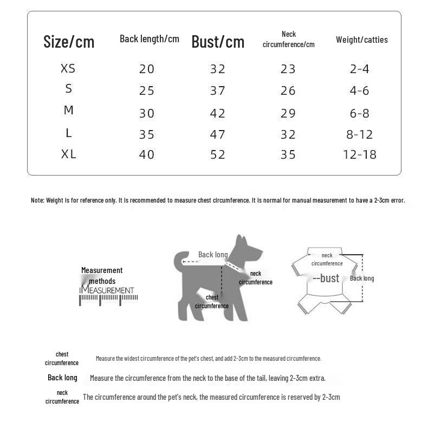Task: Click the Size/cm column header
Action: (x=69, y=42)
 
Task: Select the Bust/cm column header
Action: (x=218, y=42)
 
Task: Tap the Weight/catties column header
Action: (x=361, y=40)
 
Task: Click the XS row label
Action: (x=68, y=69)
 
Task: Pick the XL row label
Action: (x=69, y=154)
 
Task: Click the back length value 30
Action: (x=147, y=113)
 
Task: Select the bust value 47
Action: (x=218, y=134)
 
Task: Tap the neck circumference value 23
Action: (x=288, y=69)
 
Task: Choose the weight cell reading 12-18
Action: (x=360, y=154)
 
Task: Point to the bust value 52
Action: (x=218, y=154)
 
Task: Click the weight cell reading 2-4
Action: (x=360, y=69)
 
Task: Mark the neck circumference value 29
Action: (x=288, y=113)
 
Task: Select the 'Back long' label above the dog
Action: (x=213, y=255)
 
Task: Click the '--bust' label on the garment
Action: (x=326, y=278)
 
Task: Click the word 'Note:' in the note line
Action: (x=37, y=200)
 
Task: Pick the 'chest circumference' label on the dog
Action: (x=212, y=302)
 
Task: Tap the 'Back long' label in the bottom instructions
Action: (x=62, y=378)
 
